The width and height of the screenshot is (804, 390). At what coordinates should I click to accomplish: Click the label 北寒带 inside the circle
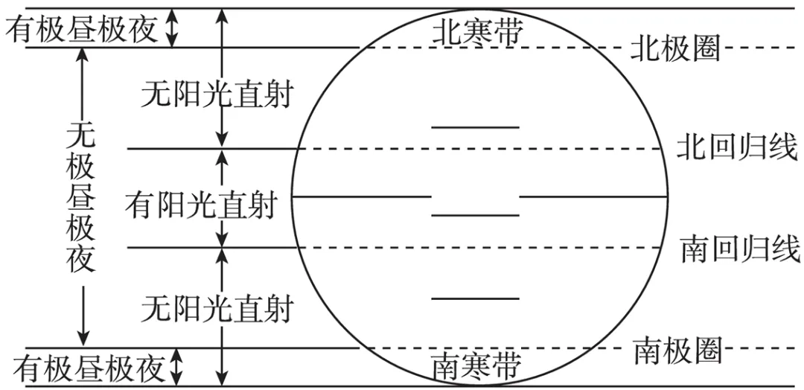point(477,33)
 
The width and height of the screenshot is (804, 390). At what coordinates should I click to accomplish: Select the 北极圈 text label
point(676,49)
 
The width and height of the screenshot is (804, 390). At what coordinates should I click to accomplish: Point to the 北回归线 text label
point(737,148)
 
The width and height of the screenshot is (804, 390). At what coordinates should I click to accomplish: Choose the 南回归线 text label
point(741,249)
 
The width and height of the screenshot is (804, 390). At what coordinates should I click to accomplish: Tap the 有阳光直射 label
point(201,205)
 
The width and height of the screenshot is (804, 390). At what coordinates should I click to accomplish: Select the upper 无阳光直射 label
point(217,95)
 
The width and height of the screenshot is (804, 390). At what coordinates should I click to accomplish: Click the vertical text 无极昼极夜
point(81,197)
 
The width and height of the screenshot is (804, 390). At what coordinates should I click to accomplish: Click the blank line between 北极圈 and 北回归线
point(475,127)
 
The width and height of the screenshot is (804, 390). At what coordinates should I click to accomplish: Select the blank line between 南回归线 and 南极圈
point(475,298)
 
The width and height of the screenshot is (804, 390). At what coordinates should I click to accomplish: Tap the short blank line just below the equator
point(475,215)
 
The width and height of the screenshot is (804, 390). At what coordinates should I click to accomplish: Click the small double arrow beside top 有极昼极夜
point(173,28)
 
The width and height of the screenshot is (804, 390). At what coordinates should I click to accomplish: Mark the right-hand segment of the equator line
point(594,196)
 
